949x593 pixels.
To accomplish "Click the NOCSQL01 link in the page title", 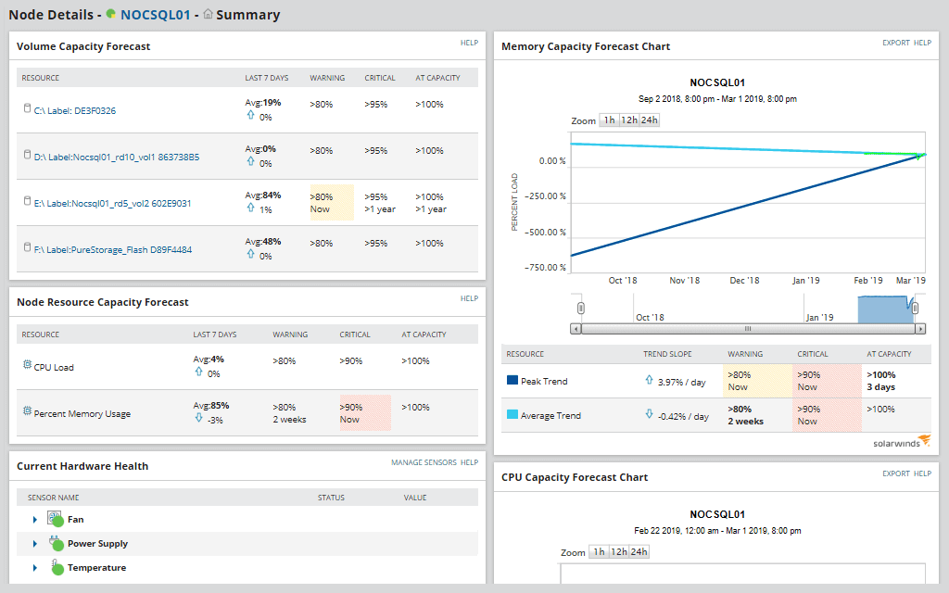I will tap(155, 15).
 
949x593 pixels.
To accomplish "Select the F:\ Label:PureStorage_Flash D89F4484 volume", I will tap(107, 250).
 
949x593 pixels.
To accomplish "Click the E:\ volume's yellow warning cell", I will tap(331, 203).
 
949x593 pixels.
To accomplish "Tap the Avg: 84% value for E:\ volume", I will tap(263, 196).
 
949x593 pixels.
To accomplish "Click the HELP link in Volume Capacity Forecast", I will tap(469, 44).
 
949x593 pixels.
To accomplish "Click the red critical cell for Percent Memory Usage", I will tap(364, 413).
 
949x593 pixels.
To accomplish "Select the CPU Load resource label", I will tap(54, 368).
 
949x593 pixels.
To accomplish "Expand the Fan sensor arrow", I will tap(35, 520).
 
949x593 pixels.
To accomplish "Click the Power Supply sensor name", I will tap(97, 544).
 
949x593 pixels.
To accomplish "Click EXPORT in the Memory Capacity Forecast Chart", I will tap(895, 44).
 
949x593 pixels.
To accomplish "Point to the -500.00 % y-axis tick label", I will tap(545, 233).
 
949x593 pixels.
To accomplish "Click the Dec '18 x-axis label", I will tap(745, 281).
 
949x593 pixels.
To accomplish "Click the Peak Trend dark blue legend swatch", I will tap(512, 381).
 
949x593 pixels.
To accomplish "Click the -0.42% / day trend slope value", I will tap(683, 416).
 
